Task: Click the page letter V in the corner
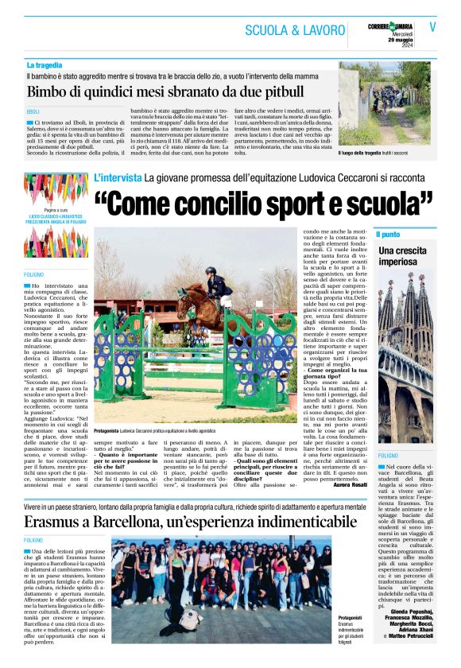tap(433, 25)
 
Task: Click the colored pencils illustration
tap(51, 203)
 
